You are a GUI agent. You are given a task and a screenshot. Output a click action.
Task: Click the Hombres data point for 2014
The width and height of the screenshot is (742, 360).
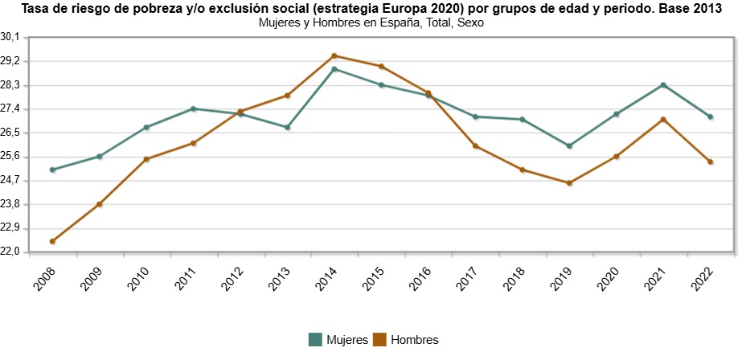click(334, 55)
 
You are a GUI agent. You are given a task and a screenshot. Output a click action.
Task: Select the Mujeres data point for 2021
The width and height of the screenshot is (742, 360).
click(663, 84)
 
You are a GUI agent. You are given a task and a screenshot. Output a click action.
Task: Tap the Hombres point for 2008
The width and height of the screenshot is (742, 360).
click(52, 241)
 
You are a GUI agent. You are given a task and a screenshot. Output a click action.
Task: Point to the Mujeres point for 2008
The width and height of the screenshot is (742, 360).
click(52, 170)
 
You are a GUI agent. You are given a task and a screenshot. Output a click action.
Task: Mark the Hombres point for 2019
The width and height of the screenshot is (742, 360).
click(569, 183)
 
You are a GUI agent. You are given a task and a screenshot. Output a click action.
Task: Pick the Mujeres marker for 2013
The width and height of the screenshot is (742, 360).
click(287, 127)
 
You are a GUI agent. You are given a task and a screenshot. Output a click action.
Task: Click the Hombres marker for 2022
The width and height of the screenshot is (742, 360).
click(711, 162)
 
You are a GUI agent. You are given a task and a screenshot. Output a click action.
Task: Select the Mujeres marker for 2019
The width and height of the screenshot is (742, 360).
click(569, 145)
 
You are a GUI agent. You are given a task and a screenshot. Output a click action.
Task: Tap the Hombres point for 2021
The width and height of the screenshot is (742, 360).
click(663, 120)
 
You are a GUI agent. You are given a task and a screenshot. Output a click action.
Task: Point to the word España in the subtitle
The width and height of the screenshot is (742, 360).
click(400, 23)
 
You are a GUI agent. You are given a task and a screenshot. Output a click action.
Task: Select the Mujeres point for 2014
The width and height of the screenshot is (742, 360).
click(334, 69)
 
